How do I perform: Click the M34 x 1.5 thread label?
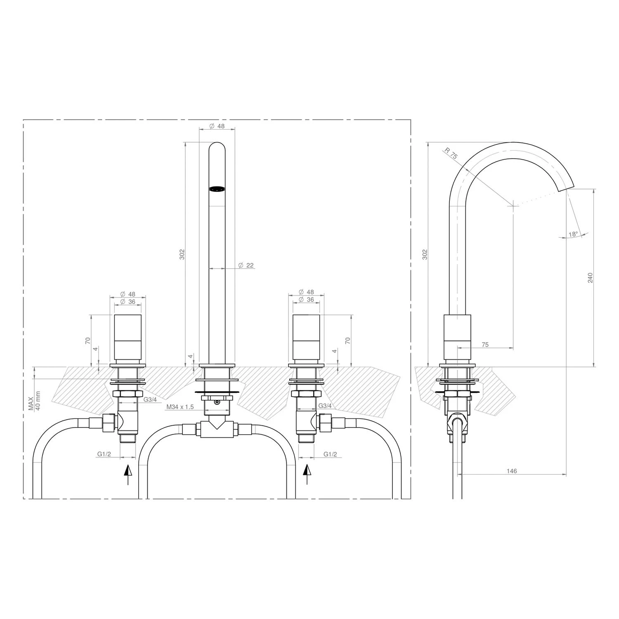click(180, 407)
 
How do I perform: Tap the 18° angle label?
click(573, 234)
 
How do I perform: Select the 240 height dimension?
click(590, 277)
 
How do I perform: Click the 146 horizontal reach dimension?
click(512, 471)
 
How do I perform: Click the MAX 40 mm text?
click(34, 400)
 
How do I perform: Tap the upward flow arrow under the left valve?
click(128, 474)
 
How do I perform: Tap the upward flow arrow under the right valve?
click(306, 474)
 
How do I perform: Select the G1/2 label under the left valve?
click(104, 454)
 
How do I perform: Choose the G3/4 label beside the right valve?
click(325, 406)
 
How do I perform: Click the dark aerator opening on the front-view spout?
click(217, 189)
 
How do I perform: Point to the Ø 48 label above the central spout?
click(217, 126)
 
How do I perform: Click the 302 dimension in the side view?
click(425, 254)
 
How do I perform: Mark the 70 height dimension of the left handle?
click(87, 341)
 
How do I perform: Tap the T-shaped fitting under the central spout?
click(217, 429)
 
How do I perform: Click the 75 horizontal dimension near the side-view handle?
click(485, 345)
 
